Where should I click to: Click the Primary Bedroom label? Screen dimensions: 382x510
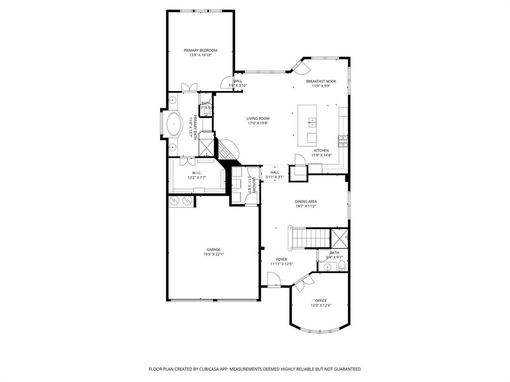point(200,50)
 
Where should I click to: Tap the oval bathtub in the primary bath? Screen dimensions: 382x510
point(174,124)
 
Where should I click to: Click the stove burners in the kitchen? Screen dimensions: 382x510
point(343,142)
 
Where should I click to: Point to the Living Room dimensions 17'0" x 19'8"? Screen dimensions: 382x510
point(257,123)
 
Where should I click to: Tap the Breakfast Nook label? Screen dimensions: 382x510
point(321,81)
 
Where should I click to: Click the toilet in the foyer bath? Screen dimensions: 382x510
point(342,268)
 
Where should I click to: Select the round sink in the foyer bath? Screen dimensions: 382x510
point(327,267)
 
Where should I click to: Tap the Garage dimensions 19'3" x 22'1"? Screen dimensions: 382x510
point(213,254)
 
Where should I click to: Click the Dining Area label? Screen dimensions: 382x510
point(306,201)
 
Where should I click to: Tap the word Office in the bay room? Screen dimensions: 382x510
point(321,300)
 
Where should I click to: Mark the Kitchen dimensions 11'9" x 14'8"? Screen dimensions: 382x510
point(321,155)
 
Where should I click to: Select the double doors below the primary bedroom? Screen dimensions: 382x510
point(189,88)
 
